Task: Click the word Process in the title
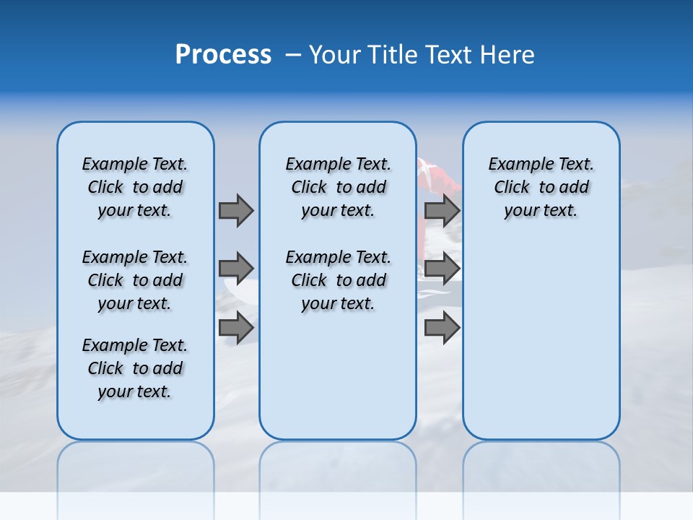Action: coord(223,55)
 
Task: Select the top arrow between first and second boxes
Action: coord(236,210)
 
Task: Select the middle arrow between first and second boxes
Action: coord(236,269)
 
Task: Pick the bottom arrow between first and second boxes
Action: coord(236,327)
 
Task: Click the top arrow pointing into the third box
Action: coord(442,210)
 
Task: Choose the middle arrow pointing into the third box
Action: coord(442,269)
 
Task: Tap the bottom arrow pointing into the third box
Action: coord(442,327)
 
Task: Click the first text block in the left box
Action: coord(135,187)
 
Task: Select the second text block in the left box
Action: coord(135,280)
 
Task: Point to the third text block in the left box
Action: coord(135,368)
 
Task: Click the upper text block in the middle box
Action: coord(338,187)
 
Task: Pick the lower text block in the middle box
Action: coord(338,280)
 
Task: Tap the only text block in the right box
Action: coord(541,187)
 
